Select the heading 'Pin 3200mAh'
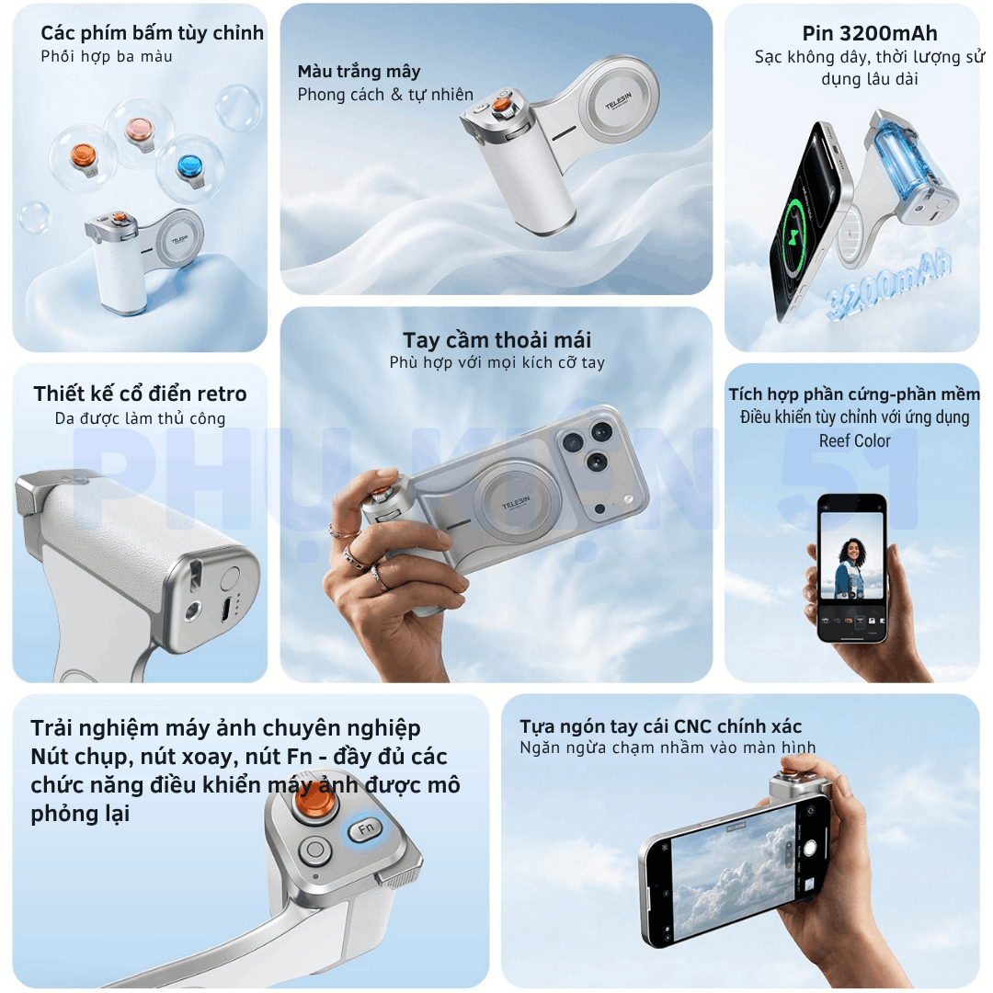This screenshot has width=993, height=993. click(x=870, y=34)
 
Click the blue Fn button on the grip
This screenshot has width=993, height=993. click(x=366, y=829)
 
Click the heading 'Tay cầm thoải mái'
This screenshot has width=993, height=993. click(x=497, y=340)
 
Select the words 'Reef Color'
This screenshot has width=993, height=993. click(x=854, y=440)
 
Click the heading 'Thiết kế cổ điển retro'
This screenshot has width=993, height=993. click(x=140, y=394)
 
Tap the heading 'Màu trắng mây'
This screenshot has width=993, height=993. click(x=360, y=72)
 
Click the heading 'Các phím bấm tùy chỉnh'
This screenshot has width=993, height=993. click(x=152, y=33)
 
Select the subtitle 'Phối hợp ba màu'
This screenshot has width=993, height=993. click(x=107, y=56)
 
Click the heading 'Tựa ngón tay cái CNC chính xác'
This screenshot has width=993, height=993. click(x=660, y=725)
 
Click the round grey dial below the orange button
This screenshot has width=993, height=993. click(x=314, y=851)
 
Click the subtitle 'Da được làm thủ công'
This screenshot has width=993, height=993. click(x=140, y=418)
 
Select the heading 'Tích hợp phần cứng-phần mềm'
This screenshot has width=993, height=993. click(x=853, y=394)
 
